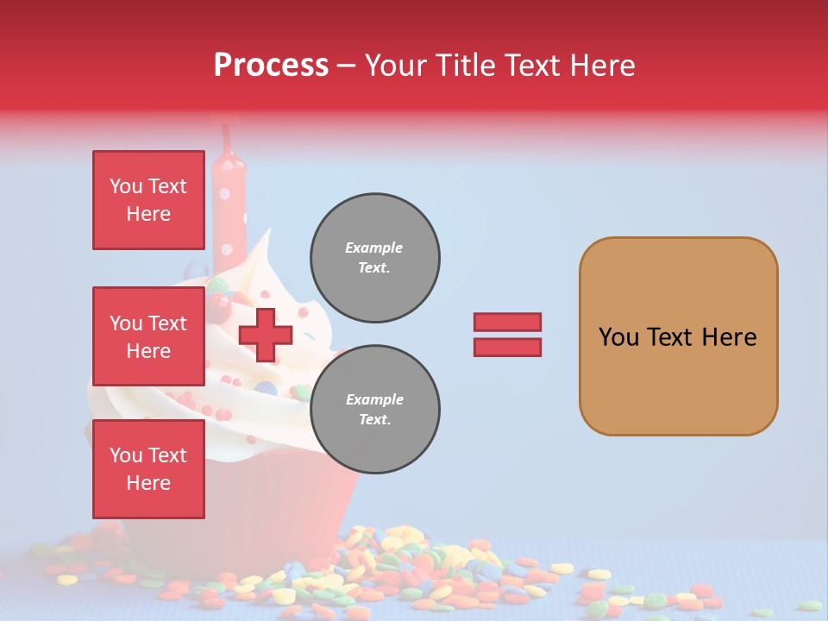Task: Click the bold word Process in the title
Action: click(271, 65)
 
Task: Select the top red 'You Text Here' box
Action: click(148, 200)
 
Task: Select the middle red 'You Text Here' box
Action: click(148, 336)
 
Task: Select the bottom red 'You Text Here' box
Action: click(148, 468)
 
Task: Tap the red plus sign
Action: click(266, 335)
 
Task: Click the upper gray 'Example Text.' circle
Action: click(374, 258)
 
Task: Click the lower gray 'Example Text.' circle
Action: click(374, 410)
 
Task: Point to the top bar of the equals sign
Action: click(507, 322)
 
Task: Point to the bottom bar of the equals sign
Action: click(507, 347)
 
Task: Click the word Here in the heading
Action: click(602, 65)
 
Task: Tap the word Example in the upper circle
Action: click(374, 248)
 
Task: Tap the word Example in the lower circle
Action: click(374, 399)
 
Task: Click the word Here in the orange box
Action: click(729, 336)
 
